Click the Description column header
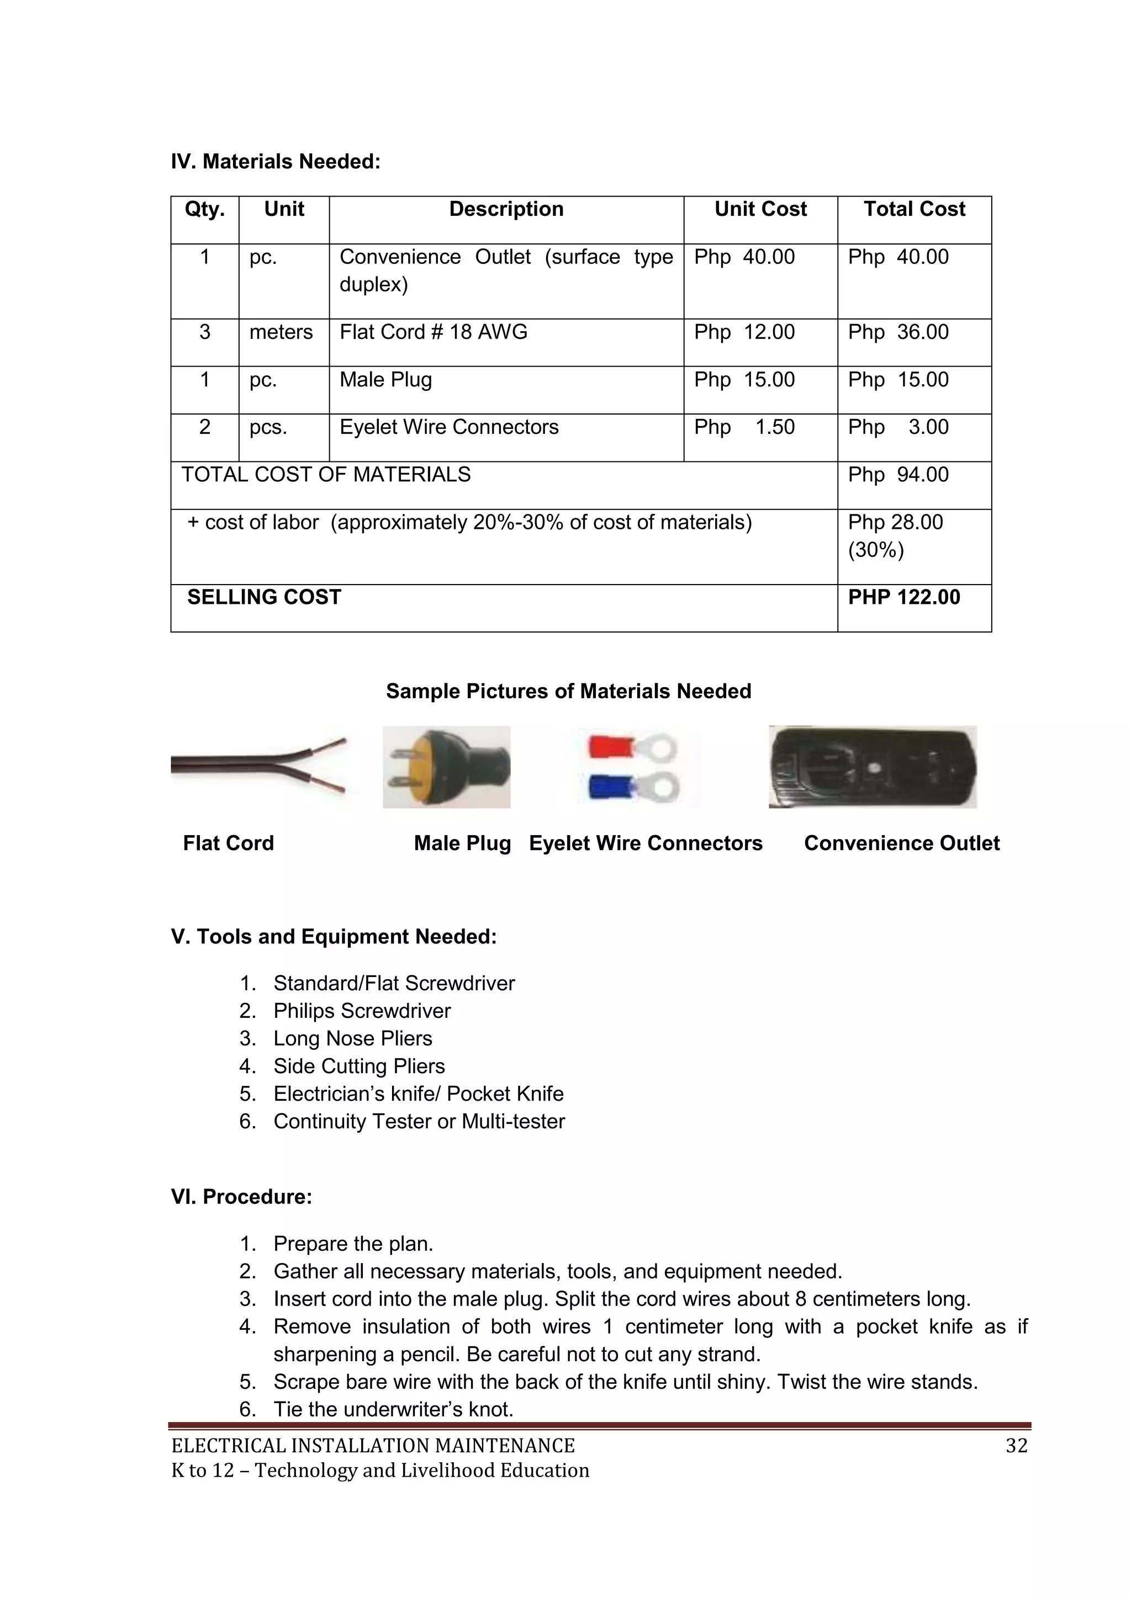click(x=506, y=210)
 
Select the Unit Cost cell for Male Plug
click(x=744, y=380)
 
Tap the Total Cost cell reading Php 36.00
click(x=898, y=332)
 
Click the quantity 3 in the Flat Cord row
click(x=205, y=332)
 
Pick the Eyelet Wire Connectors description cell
click(x=449, y=427)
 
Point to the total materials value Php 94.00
click(x=898, y=475)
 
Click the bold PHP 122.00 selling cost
click(x=904, y=597)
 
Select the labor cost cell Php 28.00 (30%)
click(x=896, y=536)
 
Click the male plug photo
click(x=446, y=767)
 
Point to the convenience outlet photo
click(x=872, y=766)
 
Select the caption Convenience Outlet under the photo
click(x=901, y=843)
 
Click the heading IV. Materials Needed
click(x=276, y=162)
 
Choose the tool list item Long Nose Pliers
click(x=352, y=1038)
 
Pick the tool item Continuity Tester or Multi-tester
click(x=419, y=1121)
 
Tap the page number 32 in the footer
click(x=1016, y=1446)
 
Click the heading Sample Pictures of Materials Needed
click(x=568, y=691)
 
